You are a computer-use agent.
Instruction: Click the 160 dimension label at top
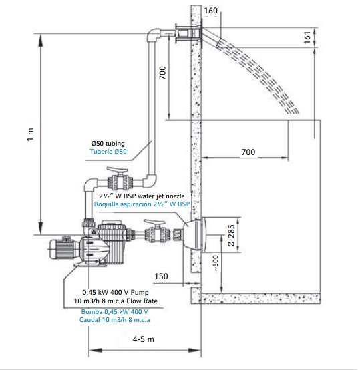click(x=210, y=11)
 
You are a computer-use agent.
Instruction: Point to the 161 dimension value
click(x=307, y=37)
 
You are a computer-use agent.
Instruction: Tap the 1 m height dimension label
click(x=31, y=134)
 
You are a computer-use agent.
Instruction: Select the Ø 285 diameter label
click(x=231, y=235)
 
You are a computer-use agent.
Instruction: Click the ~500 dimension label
click(x=215, y=263)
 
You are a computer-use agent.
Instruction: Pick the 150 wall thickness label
click(x=161, y=276)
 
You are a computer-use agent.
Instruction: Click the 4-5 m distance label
click(x=143, y=339)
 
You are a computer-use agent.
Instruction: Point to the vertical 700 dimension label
click(x=162, y=73)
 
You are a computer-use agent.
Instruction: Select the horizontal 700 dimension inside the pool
click(x=248, y=152)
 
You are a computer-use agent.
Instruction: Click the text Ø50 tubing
click(x=108, y=143)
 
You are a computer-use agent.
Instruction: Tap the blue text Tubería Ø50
click(x=108, y=151)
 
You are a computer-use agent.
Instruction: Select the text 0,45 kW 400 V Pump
click(x=116, y=292)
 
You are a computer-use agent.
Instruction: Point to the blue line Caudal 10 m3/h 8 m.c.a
click(x=115, y=320)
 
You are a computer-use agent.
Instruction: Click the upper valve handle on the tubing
click(x=117, y=170)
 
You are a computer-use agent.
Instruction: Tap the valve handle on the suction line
click(x=154, y=222)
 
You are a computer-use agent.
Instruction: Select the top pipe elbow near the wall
click(x=154, y=35)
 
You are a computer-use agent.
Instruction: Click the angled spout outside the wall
click(x=212, y=38)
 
